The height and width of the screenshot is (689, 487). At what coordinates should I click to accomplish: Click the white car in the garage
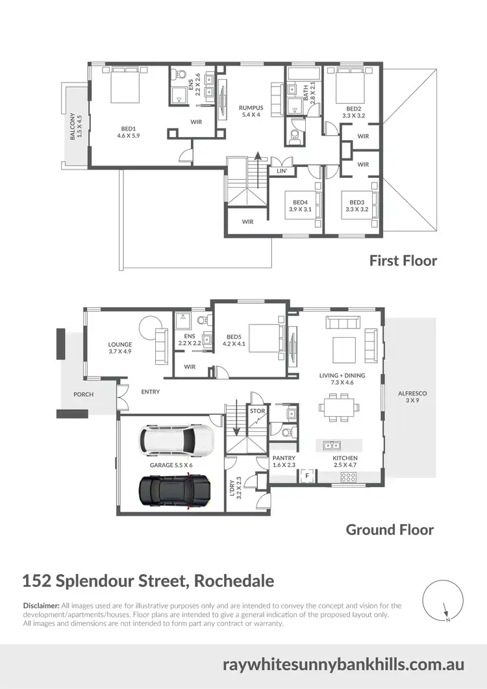click(177, 442)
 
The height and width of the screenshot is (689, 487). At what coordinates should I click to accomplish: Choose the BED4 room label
click(300, 206)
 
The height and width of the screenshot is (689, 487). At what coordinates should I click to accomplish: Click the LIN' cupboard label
click(282, 171)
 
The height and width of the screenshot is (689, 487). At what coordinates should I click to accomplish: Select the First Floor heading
click(403, 260)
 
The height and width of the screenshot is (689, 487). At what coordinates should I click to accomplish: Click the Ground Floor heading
click(390, 529)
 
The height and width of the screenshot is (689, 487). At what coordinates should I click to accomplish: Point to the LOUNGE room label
click(120, 347)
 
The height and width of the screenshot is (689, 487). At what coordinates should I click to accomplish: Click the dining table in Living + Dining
click(338, 409)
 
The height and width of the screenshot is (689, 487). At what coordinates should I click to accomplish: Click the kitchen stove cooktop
click(348, 477)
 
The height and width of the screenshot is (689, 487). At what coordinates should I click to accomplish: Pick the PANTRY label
click(284, 462)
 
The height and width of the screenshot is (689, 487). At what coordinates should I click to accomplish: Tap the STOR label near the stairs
click(257, 410)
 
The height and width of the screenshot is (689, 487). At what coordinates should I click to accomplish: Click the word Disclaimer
click(41, 605)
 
